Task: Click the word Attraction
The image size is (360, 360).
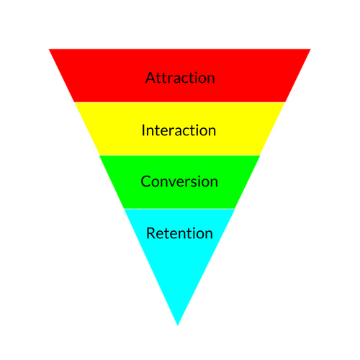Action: [179, 77]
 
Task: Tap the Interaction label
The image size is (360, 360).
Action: [179, 130]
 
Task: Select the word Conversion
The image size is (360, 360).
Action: [179, 181]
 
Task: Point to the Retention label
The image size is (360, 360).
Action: [179, 233]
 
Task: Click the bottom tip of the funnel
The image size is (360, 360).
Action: [178, 324]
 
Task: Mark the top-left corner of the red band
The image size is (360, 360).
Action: [50, 50]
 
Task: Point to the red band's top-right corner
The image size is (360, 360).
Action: [310, 50]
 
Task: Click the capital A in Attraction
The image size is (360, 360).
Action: [150, 77]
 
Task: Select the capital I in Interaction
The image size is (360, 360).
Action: [144, 130]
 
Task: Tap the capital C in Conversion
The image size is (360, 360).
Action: [145, 181]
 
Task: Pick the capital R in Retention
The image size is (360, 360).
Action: [150, 233]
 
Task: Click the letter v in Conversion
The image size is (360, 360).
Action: [176, 182]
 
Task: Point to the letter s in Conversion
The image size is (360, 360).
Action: [194, 182]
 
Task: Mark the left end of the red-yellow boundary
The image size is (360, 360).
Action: [74, 102]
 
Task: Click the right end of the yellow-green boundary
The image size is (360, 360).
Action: [260, 156]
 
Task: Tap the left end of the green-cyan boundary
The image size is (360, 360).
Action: [124, 208]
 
